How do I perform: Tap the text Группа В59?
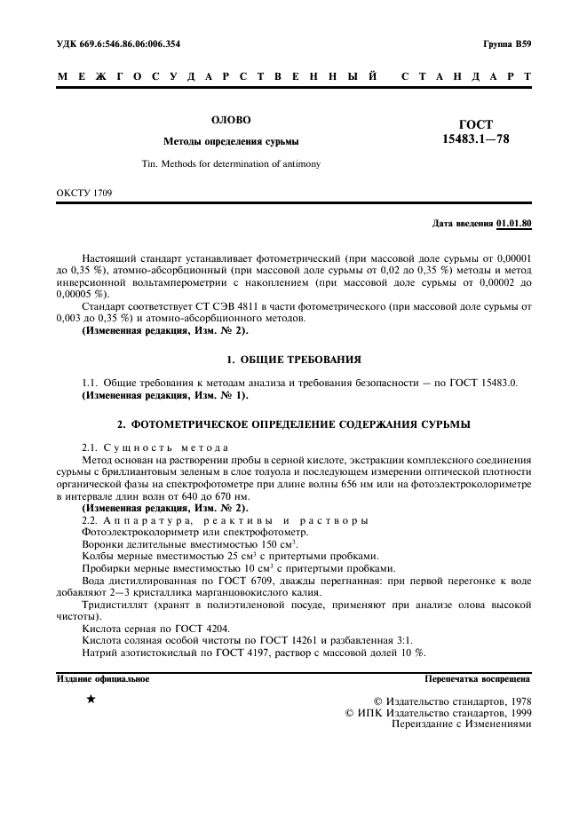coord(506,44)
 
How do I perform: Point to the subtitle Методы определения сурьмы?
coord(231,141)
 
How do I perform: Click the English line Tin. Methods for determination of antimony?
coord(231,164)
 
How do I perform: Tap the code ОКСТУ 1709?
coord(84,192)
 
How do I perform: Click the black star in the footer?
coord(91,700)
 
